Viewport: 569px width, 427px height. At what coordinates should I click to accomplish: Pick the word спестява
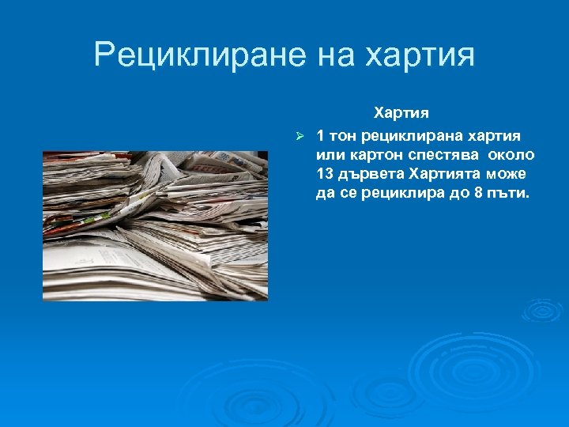tap(443, 154)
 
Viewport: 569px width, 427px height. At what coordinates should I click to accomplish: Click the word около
tap(511, 154)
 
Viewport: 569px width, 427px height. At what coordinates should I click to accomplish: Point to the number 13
tap(324, 174)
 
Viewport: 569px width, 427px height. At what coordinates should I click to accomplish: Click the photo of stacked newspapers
tap(155, 225)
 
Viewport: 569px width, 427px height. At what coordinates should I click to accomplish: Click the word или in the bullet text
tap(329, 154)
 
